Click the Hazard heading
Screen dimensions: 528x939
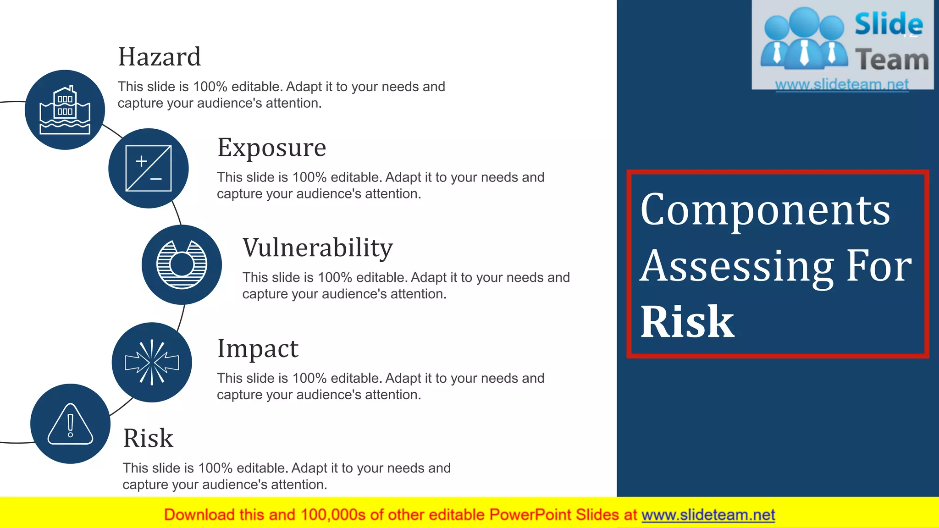click(x=159, y=57)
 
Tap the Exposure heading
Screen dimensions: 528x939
click(x=271, y=148)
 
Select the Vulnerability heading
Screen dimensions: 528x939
click(x=317, y=248)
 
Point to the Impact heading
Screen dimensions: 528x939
click(x=258, y=348)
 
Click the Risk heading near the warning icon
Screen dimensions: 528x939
click(x=148, y=438)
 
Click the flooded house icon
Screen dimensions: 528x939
click(x=65, y=110)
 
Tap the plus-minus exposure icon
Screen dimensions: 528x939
click(x=149, y=168)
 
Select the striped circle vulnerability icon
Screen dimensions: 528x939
click(x=182, y=265)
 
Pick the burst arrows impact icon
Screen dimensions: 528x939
click(x=152, y=363)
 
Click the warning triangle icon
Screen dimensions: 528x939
click(x=70, y=424)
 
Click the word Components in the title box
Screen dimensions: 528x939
click(x=765, y=209)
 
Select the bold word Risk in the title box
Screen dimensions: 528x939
click(x=687, y=322)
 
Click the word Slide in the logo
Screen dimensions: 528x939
click(x=889, y=24)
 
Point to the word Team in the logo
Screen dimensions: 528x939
click(x=892, y=60)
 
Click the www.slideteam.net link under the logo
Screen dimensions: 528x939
click(x=842, y=84)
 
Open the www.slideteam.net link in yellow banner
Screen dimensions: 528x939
click(x=708, y=515)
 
